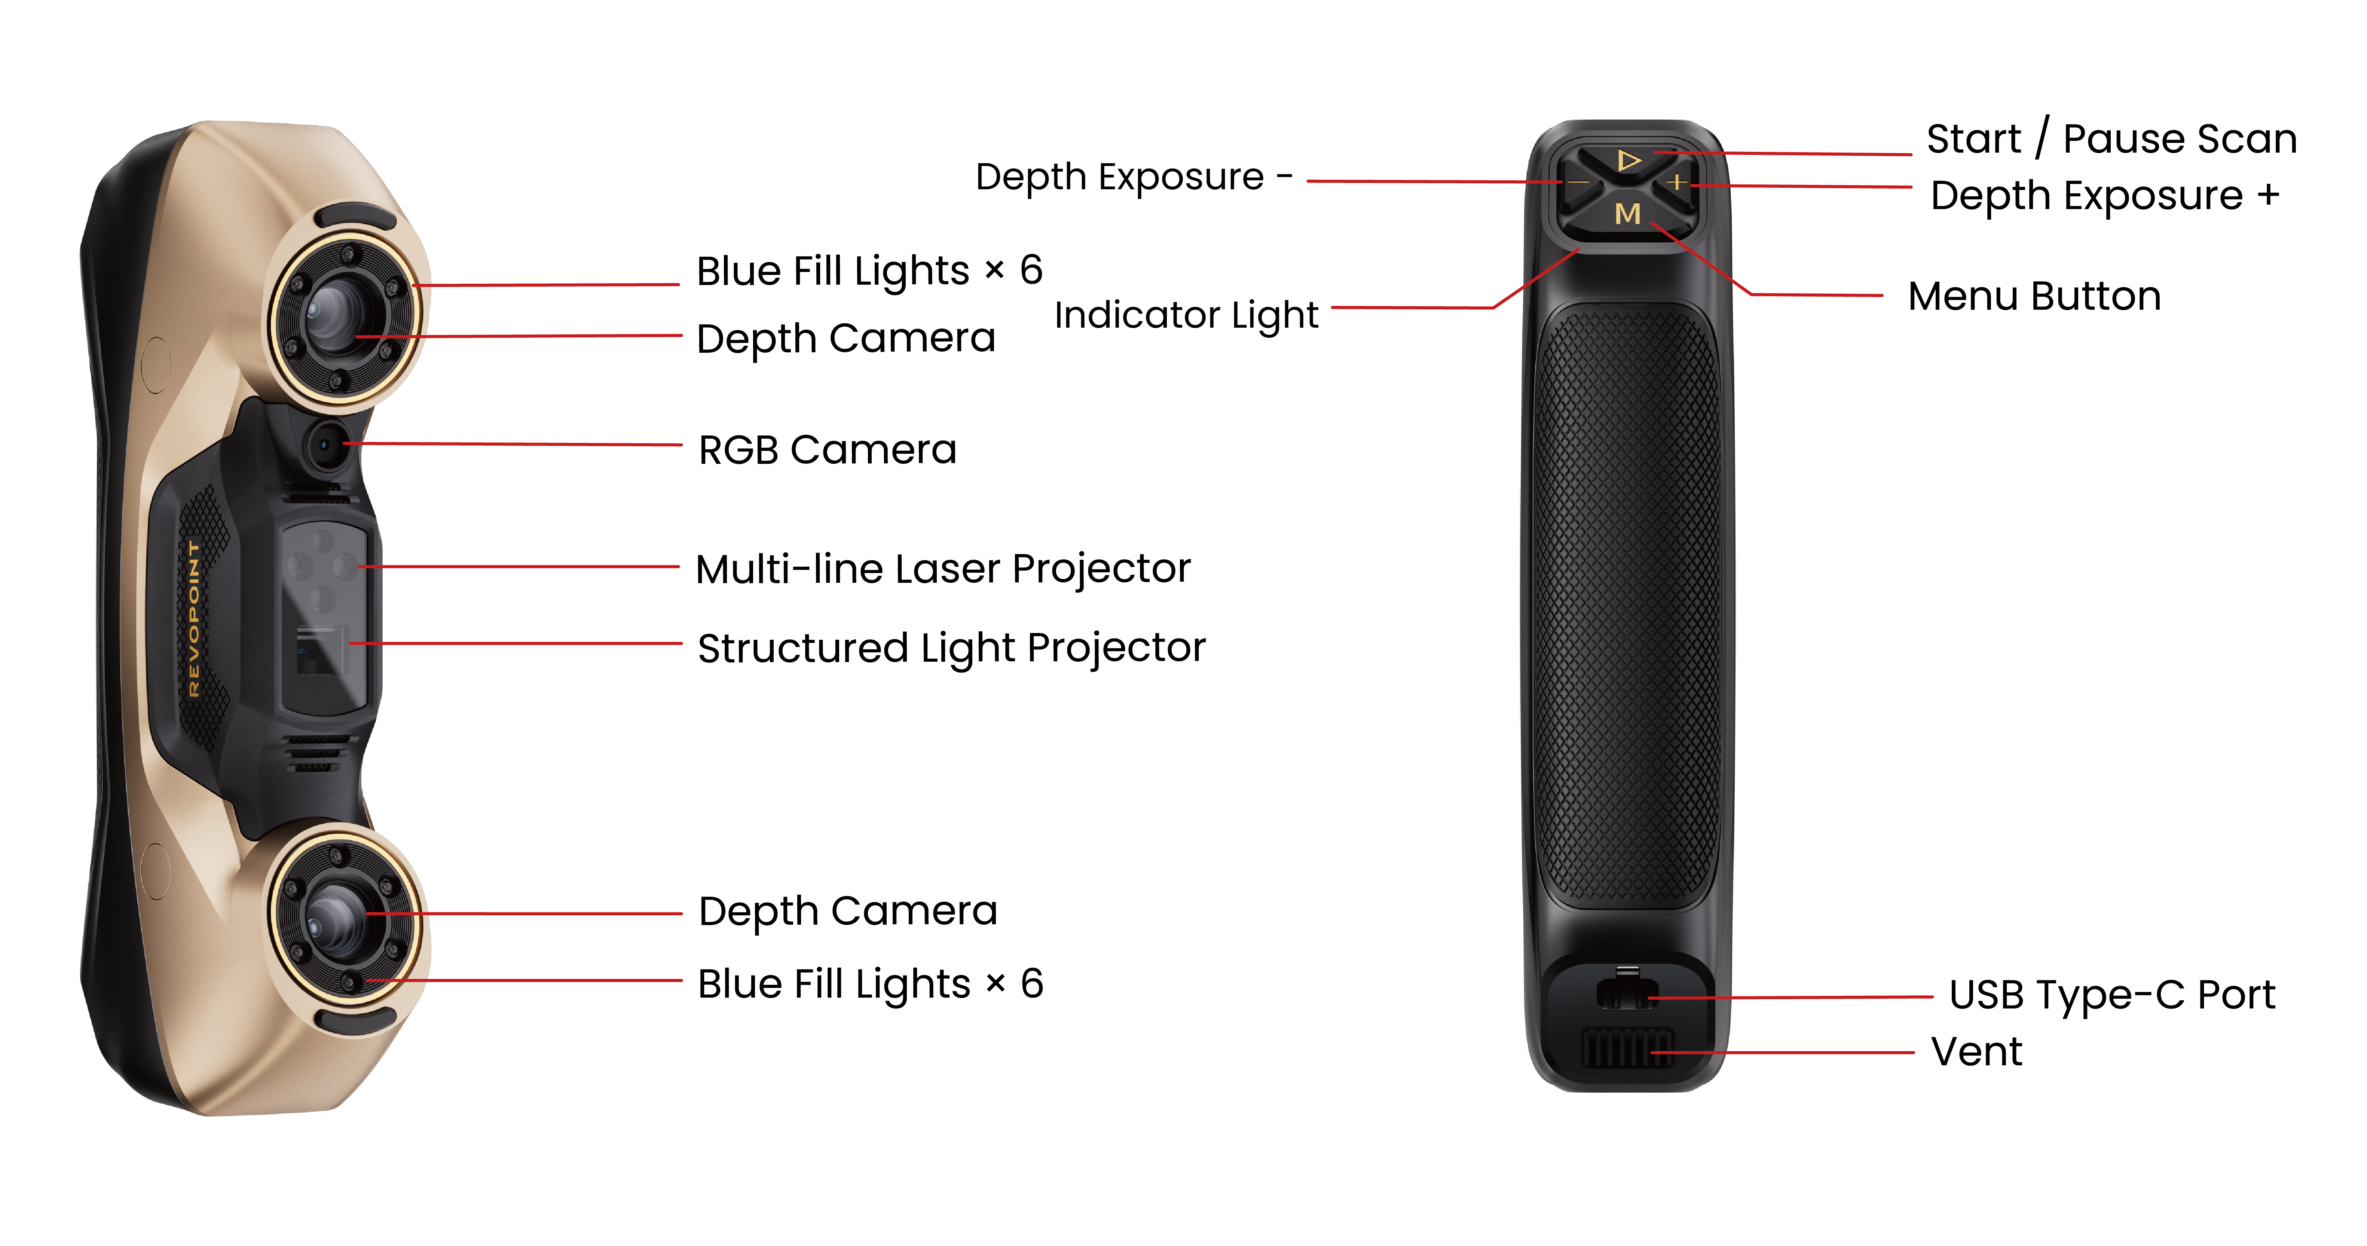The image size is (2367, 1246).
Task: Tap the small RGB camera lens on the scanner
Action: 324,446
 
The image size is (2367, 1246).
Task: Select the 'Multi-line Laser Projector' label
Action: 943,569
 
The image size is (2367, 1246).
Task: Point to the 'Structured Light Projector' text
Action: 951,648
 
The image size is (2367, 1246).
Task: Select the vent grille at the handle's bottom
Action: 1626,1047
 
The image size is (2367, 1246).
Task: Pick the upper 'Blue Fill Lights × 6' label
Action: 868,271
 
